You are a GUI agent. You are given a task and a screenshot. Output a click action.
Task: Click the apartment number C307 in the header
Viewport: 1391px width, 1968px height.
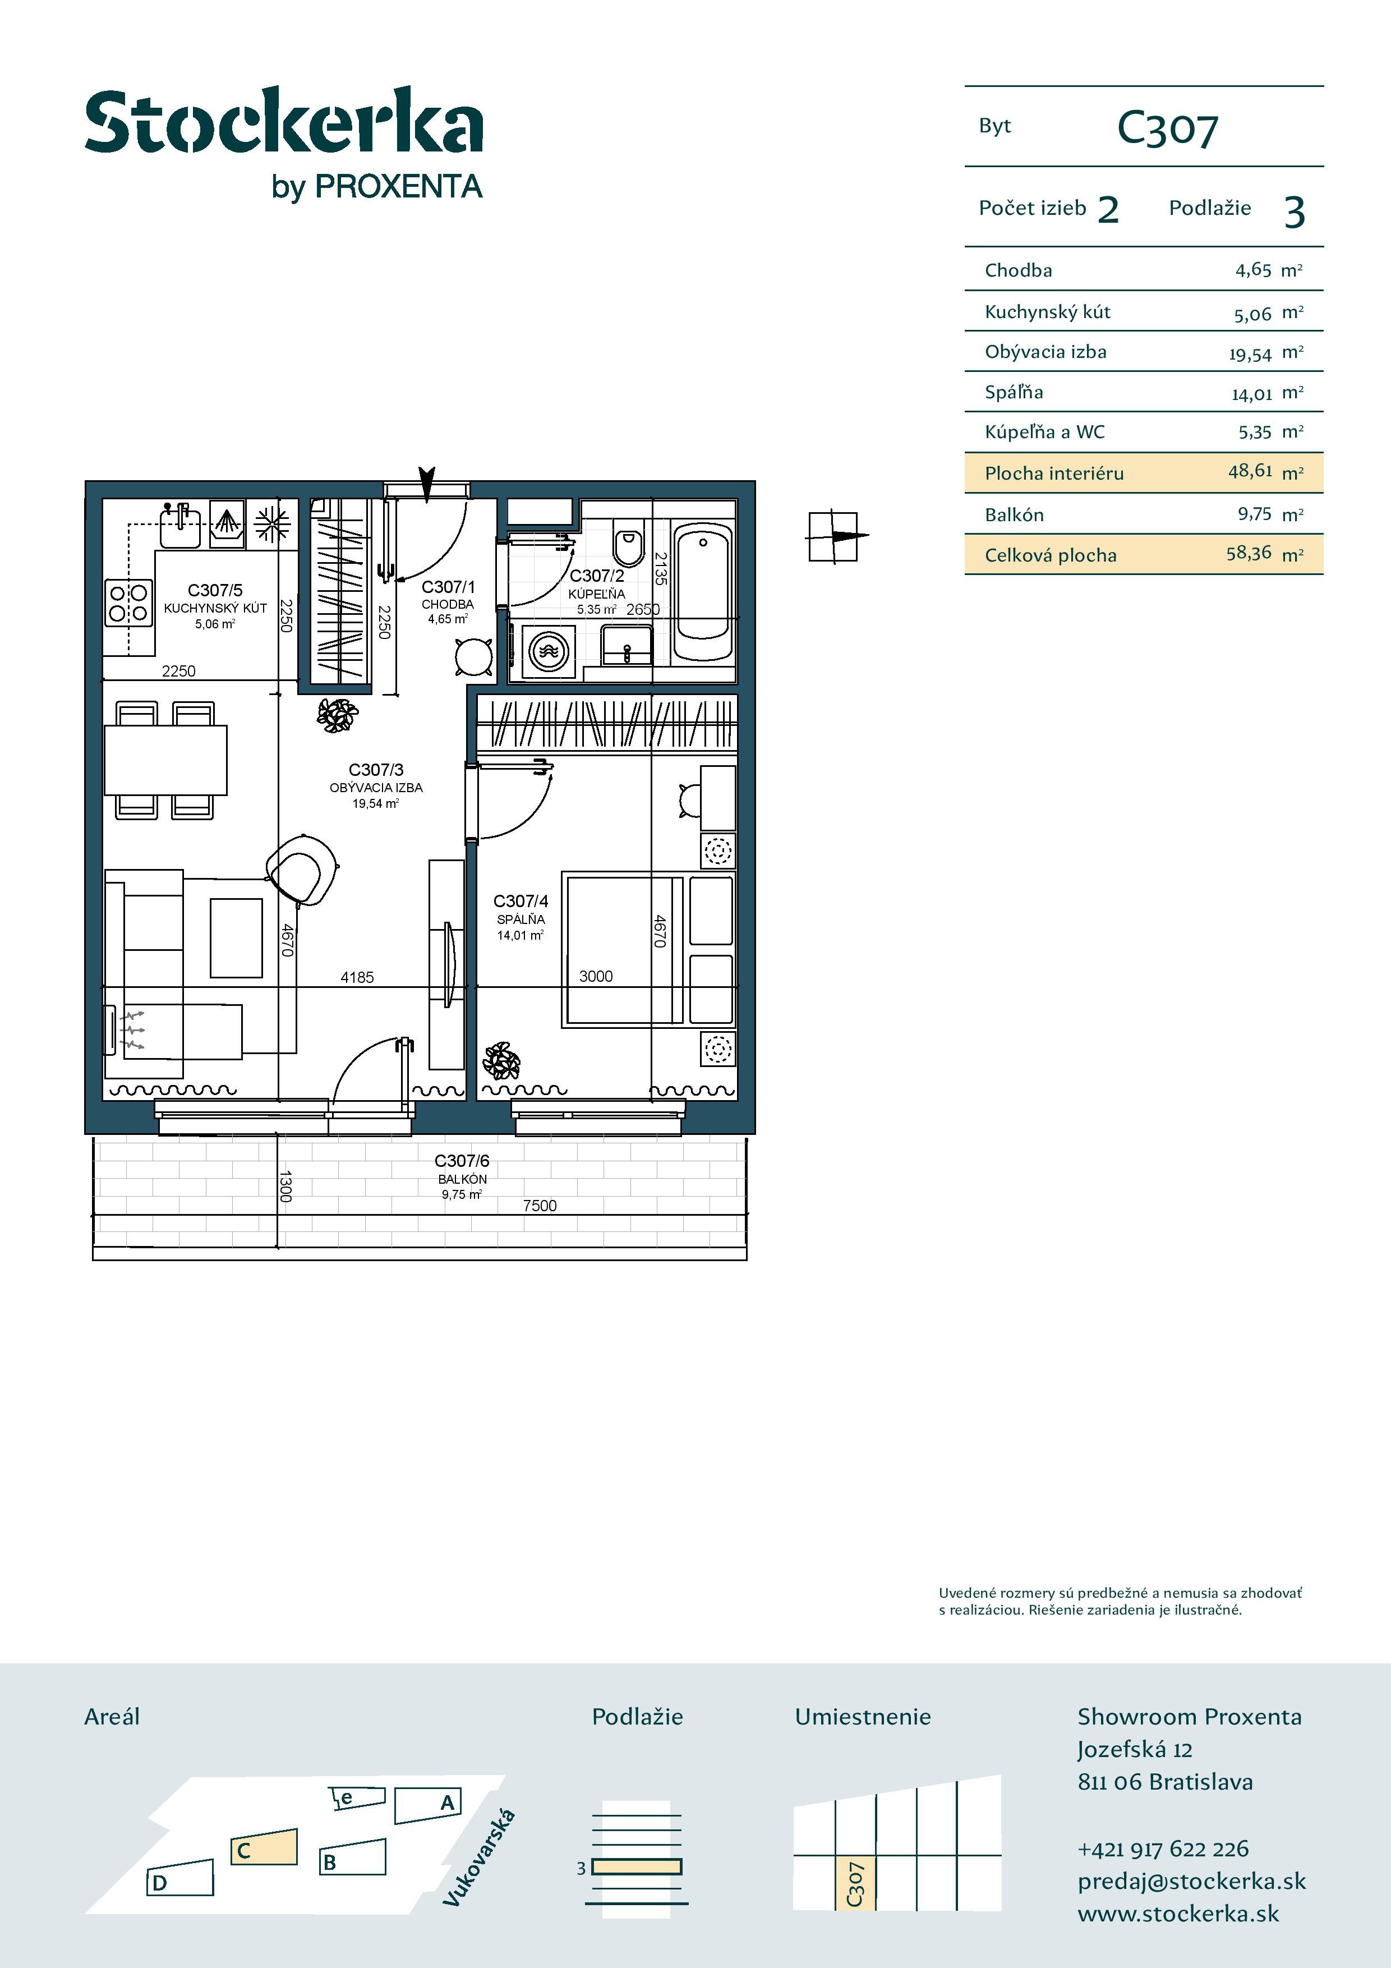[x=1167, y=130]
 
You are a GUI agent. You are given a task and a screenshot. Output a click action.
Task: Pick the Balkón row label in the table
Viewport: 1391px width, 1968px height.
[x=1014, y=515]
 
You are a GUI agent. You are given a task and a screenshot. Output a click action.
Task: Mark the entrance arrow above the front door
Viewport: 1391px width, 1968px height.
[x=427, y=482]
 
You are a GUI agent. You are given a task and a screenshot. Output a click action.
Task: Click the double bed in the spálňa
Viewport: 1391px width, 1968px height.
[x=623, y=949]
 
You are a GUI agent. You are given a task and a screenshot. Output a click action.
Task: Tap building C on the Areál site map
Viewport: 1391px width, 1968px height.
[x=263, y=1849]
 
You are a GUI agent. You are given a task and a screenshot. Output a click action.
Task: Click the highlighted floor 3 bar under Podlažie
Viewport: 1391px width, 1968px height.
[x=637, y=1867]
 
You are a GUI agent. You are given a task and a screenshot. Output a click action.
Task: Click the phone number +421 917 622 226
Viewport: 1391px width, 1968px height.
[x=1163, y=1849]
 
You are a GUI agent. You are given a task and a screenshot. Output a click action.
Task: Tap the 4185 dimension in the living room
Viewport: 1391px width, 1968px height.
[x=357, y=977]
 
